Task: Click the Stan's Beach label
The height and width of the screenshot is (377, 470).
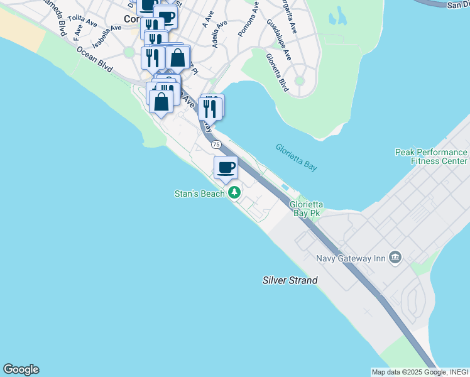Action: click(x=199, y=194)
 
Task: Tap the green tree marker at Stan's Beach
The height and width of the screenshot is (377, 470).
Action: click(x=234, y=192)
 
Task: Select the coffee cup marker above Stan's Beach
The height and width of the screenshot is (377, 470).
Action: click(x=226, y=167)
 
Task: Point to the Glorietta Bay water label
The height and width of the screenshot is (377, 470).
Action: click(x=295, y=157)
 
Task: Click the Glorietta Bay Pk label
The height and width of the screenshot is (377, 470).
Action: click(x=306, y=209)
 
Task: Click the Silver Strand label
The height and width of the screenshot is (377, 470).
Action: click(x=290, y=280)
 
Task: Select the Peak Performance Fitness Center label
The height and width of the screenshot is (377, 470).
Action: click(x=431, y=156)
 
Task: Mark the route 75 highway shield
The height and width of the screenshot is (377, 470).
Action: click(x=217, y=145)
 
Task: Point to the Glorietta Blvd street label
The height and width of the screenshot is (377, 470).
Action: click(x=276, y=72)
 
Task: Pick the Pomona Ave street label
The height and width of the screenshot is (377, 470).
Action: click(x=249, y=18)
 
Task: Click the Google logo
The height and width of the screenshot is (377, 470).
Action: click(x=21, y=369)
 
